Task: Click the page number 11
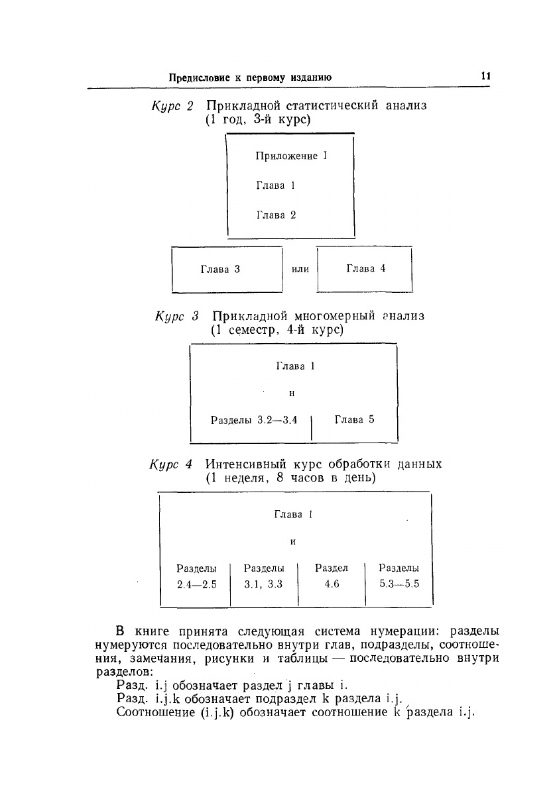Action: coord(485,76)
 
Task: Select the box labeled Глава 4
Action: coord(365,268)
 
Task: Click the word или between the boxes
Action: coord(300,269)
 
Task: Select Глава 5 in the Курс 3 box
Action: coord(355,419)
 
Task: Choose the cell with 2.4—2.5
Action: coord(197,584)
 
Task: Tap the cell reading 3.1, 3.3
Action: coord(264,584)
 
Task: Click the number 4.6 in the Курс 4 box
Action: coord(332,584)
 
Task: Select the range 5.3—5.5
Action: coord(399,584)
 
